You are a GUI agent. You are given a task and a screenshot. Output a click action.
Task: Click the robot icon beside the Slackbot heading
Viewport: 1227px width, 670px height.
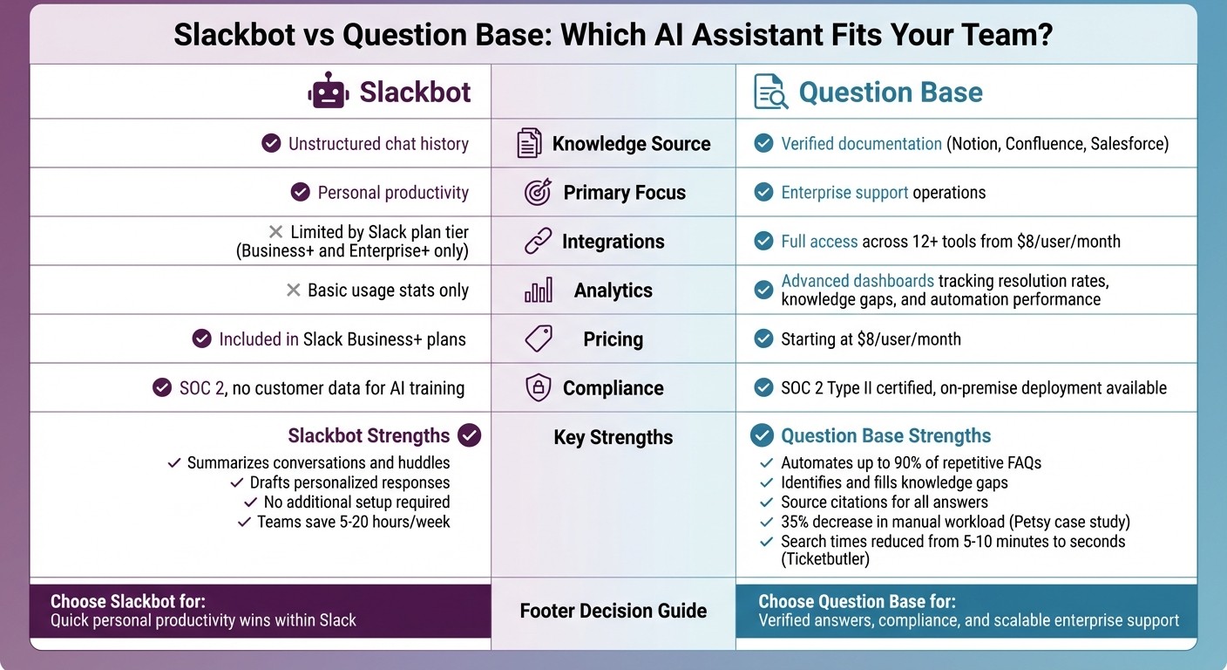pos(328,91)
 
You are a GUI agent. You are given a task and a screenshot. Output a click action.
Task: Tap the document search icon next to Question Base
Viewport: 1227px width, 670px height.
pos(769,92)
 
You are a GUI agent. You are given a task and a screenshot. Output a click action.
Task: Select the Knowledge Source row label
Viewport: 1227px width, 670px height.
pos(631,144)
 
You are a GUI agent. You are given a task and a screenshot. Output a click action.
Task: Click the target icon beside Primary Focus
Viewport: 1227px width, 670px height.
pos(538,193)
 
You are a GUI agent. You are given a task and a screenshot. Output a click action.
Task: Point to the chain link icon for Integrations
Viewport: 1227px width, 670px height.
pos(538,242)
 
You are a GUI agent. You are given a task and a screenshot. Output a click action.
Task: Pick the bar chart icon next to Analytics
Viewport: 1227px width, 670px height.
pos(538,291)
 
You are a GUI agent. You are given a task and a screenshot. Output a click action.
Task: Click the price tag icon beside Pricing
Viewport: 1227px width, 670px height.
pos(538,338)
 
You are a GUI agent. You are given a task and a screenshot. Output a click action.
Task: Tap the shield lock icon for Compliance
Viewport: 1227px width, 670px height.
pos(538,388)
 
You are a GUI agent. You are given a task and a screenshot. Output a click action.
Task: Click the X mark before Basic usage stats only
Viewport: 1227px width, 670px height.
pos(294,291)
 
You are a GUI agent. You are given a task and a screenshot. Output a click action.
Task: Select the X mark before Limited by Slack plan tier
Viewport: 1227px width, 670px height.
pos(275,232)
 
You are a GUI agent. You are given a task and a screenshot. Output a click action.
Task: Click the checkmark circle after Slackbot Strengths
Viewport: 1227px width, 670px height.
pos(469,435)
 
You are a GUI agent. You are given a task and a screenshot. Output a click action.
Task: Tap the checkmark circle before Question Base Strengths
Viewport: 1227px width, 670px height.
pos(763,435)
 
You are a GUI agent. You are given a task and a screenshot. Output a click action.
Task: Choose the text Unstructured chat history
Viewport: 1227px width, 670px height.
pos(378,144)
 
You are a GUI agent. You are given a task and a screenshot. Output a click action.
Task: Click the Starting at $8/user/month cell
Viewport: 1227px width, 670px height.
pos(871,339)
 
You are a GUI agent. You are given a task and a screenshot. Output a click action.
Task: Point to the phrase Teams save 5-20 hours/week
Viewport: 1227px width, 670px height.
pos(353,522)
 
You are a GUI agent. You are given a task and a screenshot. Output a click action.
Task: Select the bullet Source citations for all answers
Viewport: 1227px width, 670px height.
pos(884,502)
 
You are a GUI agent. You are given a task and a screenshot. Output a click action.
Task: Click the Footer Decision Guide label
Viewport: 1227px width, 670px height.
pos(613,611)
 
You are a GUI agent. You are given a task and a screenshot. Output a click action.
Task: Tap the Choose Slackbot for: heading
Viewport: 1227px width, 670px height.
pos(128,601)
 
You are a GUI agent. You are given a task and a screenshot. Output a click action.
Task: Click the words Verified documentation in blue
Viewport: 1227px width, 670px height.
pos(861,144)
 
